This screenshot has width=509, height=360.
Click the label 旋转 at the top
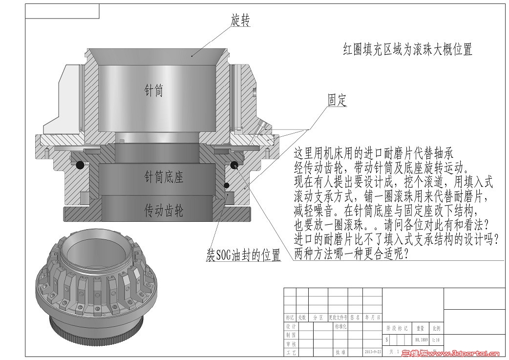240,21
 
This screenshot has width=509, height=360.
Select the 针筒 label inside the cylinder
153,90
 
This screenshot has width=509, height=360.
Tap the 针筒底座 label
164,177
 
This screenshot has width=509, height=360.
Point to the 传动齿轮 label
164,211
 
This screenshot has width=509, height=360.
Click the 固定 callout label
337,100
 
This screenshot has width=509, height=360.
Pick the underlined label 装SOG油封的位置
243,255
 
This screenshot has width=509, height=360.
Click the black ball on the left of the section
79,166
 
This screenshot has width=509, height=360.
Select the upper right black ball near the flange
235,164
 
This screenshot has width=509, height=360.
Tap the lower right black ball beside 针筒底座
227,185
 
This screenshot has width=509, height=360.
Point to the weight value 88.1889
421,339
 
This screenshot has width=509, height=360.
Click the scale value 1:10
436,339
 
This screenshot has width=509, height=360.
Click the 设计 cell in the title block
291,326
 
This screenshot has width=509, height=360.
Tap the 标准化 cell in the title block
340,326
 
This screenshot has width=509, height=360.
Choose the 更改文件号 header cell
339,318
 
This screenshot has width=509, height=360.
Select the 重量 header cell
420,328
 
